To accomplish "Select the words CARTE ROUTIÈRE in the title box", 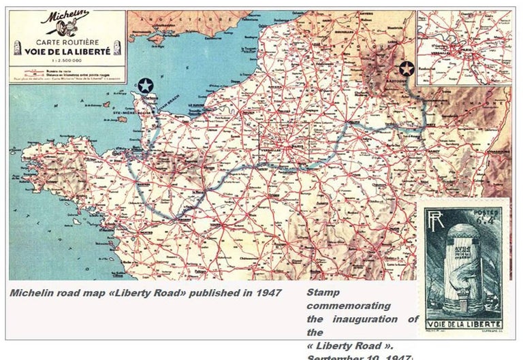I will pyautogui.click(x=67, y=42).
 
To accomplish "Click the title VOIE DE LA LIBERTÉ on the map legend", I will pyautogui.click(x=67, y=50).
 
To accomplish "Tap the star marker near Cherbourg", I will pyautogui.click(x=145, y=86).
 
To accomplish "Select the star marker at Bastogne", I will pyautogui.click(x=407, y=69).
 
